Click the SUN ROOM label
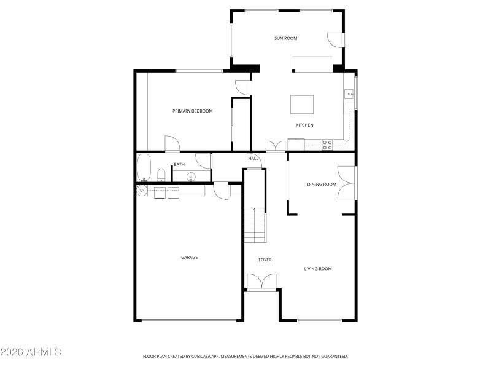click(x=285, y=38)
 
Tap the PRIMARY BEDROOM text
click(x=192, y=111)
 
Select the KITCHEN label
click(x=304, y=125)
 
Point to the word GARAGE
click(x=189, y=257)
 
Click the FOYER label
click(x=265, y=260)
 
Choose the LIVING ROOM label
click(x=318, y=268)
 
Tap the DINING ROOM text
click(x=322, y=184)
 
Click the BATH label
click(x=179, y=164)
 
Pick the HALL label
click(x=253, y=158)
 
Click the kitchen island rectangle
click(x=302, y=105)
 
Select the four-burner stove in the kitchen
click(x=327, y=145)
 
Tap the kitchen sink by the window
click(x=347, y=94)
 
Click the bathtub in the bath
click(x=144, y=167)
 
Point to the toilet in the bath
click(x=161, y=175)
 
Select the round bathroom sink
click(x=191, y=177)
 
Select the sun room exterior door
click(x=335, y=39)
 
